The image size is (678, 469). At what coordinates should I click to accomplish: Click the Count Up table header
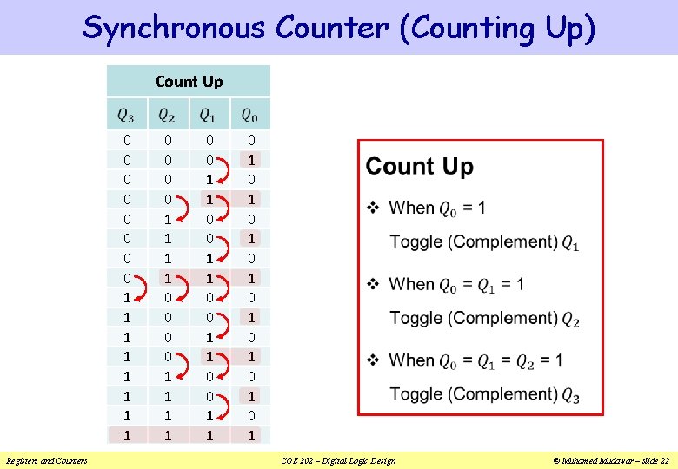point(189,82)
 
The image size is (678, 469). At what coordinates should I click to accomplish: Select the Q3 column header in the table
point(127,115)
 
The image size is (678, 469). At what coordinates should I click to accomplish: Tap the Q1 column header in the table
point(209,115)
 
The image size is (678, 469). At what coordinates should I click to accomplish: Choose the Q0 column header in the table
point(249,115)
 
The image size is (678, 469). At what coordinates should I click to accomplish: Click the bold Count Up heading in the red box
point(419,167)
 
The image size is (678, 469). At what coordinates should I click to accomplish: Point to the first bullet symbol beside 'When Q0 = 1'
point(373,208)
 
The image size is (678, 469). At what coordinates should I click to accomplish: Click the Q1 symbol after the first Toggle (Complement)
point(570,243)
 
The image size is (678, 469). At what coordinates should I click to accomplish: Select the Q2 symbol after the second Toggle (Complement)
point(570,319)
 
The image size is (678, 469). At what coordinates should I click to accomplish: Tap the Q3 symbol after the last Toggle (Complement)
point(570,395)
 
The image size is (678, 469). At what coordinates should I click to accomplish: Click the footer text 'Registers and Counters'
point(46,460)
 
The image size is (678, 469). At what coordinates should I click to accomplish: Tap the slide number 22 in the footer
point(664,460)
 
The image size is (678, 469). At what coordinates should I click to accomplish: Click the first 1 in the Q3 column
point(127,297)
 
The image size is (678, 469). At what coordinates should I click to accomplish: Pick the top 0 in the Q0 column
point(250,141)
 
